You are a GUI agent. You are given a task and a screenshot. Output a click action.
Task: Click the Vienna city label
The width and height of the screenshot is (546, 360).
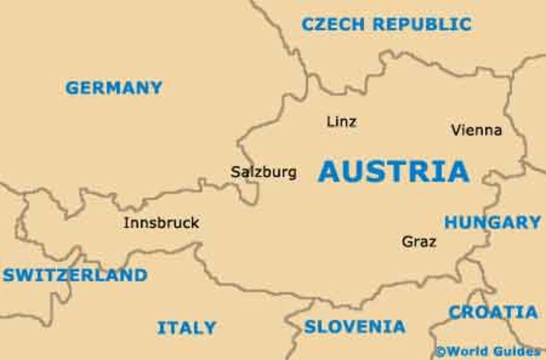pos(476,131)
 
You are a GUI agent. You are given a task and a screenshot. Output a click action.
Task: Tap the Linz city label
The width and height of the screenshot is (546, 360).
pos(341,122)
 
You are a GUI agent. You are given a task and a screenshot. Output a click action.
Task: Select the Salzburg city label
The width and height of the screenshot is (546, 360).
pos(264,172)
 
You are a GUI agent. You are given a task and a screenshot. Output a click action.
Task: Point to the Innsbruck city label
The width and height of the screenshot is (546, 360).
pos(161,224)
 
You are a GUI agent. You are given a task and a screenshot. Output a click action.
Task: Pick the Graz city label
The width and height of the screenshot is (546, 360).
pos(419,242)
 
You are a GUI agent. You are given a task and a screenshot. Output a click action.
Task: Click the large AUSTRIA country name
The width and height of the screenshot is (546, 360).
pos(393,171)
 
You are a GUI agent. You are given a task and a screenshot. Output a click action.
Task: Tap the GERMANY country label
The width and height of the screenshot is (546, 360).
pos(113,87)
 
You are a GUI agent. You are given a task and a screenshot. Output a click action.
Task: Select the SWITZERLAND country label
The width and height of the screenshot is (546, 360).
pos(75,276)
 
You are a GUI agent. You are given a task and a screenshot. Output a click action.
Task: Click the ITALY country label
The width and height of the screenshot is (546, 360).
pos(186,328)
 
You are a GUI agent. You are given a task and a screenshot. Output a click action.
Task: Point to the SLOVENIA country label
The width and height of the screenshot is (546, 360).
pos(355,326)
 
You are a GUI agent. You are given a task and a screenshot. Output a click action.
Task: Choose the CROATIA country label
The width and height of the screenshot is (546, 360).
pos(493,312)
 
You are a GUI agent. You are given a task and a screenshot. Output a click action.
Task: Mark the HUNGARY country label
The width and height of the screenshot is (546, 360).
pos(492,223)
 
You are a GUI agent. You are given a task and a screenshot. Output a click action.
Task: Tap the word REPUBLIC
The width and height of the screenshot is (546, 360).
pos(421,25)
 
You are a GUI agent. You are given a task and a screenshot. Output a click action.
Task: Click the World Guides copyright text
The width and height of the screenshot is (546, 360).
pos(487,351)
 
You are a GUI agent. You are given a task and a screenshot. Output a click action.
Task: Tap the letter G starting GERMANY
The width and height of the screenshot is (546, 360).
pos(73,87)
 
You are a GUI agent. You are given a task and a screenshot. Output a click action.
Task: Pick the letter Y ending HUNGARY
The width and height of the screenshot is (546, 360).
pos(534,223)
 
